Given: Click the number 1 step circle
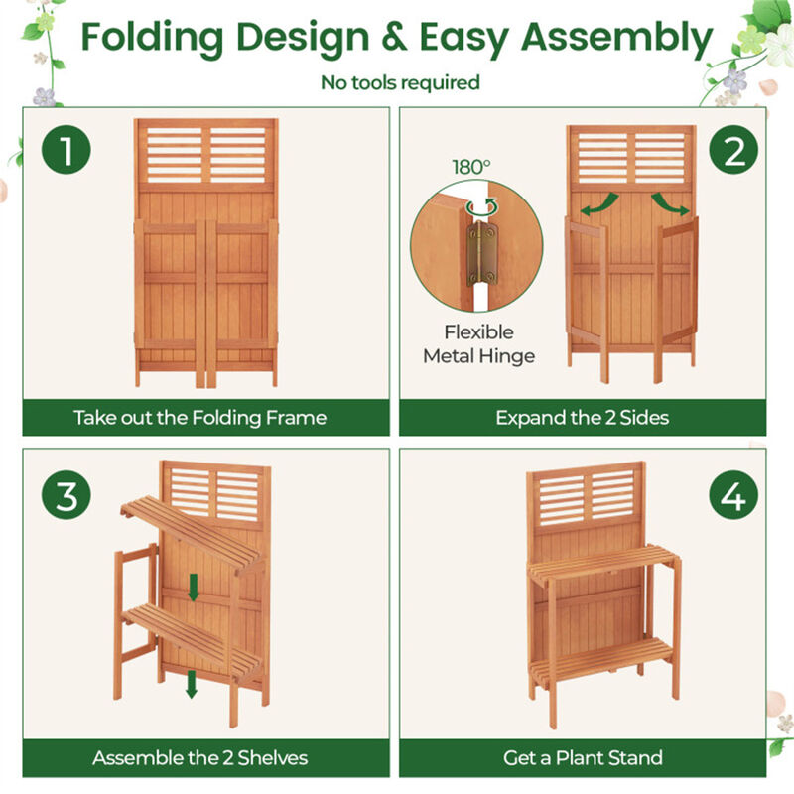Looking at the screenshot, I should pos(66,153).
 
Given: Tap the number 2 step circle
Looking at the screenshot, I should pos(733,153).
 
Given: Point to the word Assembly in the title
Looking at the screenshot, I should pos(616,38).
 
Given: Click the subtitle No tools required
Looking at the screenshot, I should pos(400,82).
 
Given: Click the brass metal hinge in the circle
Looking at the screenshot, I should pos(484,252).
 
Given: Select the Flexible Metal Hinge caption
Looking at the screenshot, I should pos(478,343).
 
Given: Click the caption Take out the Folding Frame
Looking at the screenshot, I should pos(199,417).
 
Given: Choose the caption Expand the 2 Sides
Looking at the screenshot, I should pos(583,417).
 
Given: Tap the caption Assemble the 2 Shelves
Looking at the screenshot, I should pos(199,758).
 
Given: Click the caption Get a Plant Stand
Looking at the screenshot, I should pos(583,758).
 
